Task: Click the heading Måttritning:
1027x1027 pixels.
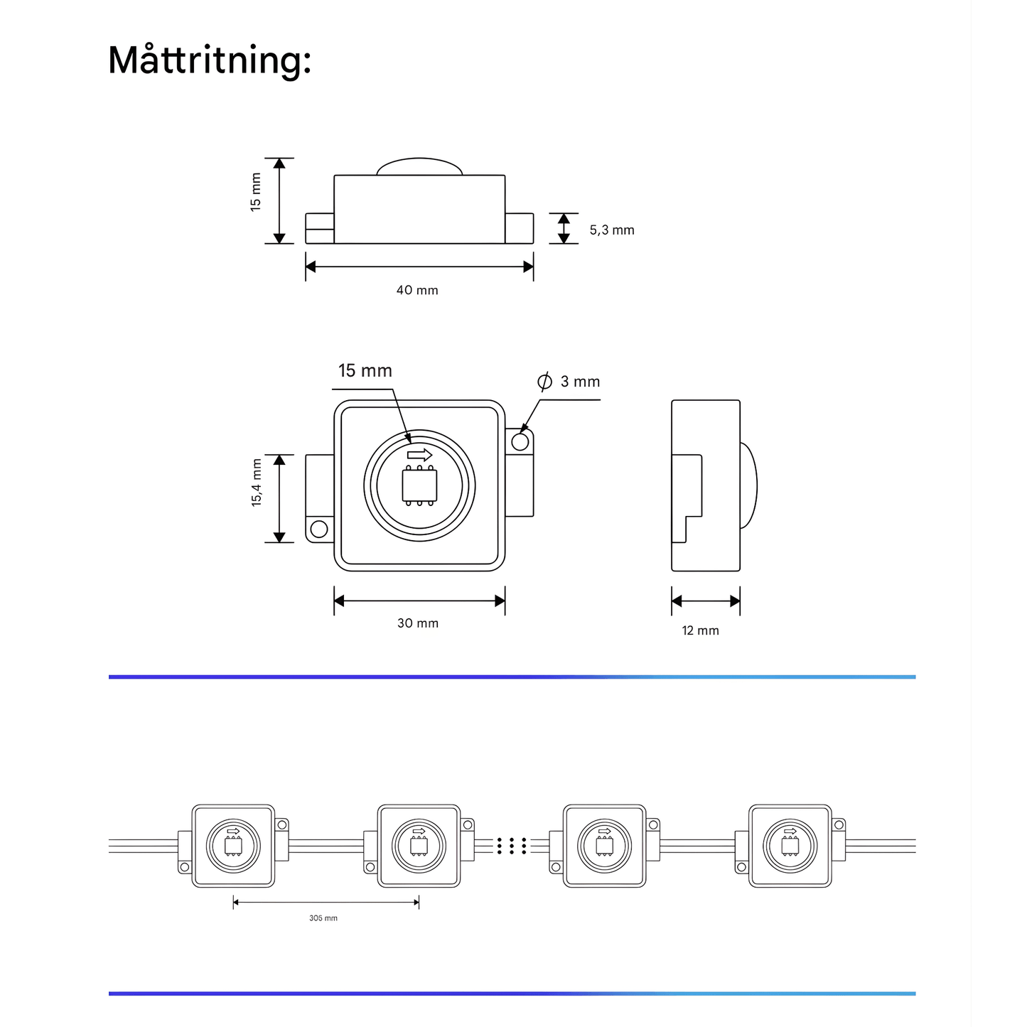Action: coord(210,60)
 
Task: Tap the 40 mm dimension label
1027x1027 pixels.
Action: coord(417,290)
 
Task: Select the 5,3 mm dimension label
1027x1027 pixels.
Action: coord(611,230)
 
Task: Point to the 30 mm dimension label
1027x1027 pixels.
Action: coord(418,623)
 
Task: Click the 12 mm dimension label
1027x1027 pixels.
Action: coord(700,630)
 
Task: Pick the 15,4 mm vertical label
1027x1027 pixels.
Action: coord(257,483)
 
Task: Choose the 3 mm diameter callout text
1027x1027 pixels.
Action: coord(580,382)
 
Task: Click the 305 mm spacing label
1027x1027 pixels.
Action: coord(323,918)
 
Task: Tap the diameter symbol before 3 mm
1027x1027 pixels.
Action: coord(544,382)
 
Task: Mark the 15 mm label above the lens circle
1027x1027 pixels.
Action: coord(365,370)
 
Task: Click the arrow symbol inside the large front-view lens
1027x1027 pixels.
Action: coord(419,454)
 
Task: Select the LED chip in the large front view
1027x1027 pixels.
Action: coord(419,486)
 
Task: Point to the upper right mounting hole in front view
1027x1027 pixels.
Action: coord(520,442)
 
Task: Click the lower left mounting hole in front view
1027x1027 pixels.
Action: coord(319,529)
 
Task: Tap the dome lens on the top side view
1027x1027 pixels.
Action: coord(420,167)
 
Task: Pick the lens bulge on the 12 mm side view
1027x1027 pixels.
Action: coord(748,486)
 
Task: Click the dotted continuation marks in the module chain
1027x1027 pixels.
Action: coord(512,846)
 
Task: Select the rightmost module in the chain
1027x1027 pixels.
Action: coord(790,846)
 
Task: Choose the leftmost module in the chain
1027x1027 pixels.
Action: coord(233,846)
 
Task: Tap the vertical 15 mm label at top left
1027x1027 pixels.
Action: coord(256,193)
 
